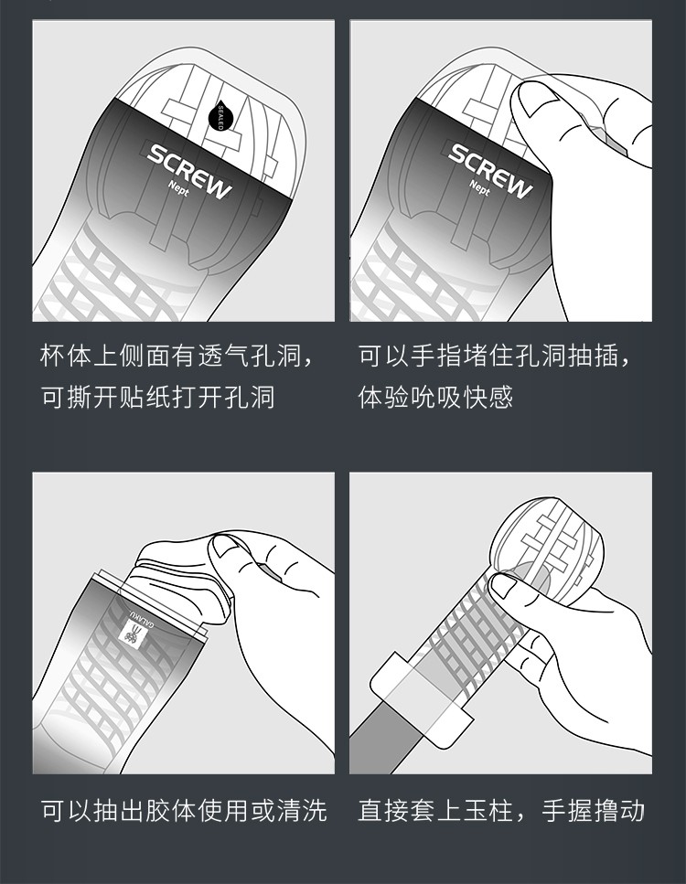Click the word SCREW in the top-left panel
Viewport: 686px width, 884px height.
coord(189,170)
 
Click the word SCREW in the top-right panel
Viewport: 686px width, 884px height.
coord(490,170)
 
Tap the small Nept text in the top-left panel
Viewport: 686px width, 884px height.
coord(179,189)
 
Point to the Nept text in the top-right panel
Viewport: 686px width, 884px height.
coord(479,187)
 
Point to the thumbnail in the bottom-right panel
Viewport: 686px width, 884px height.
coord(505,585)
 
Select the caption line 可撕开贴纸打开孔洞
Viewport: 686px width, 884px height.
coord(157,398)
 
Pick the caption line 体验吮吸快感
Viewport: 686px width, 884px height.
coord(434,398)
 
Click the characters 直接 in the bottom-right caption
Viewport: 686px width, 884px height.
coord(381,810)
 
